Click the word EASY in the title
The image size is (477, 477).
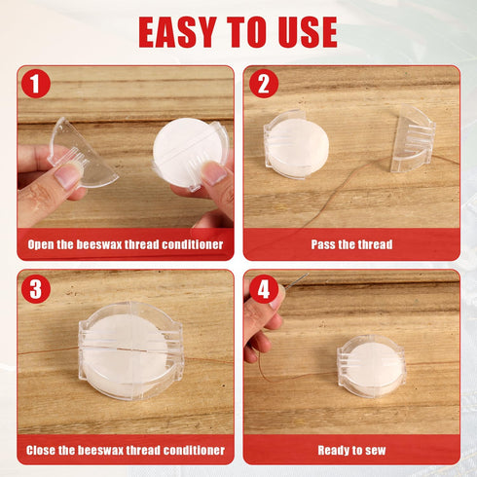click(x=177, y=32)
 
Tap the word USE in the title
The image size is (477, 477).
click(x=308, y=32)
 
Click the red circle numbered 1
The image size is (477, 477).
click(x=36, y=84)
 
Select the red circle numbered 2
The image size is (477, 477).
click(x=264, y=84)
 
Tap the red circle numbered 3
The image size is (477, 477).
click(x=36, y=289)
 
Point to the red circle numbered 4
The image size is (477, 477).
click(x=264, y=289)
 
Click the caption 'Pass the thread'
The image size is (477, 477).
click(x=351, y=244)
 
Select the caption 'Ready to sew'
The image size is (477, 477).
click(x=351, y=450)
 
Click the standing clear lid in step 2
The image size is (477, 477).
click(x=412, y=138)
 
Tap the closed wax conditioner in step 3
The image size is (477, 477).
click(x=130, y=351)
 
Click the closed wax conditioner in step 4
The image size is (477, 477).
click(x=372, y=367)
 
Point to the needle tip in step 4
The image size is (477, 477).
click(x=308, y=274)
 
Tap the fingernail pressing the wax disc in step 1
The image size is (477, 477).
click(x=213, y=172)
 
